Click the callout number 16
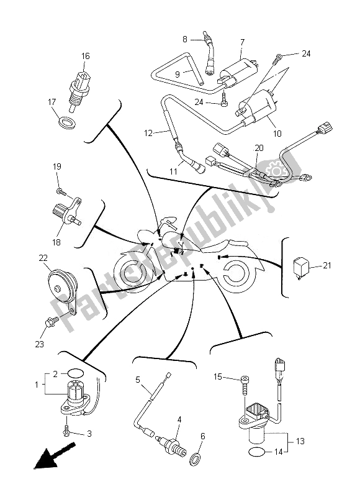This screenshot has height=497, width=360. pyautogui.click(x=85, y=57)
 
